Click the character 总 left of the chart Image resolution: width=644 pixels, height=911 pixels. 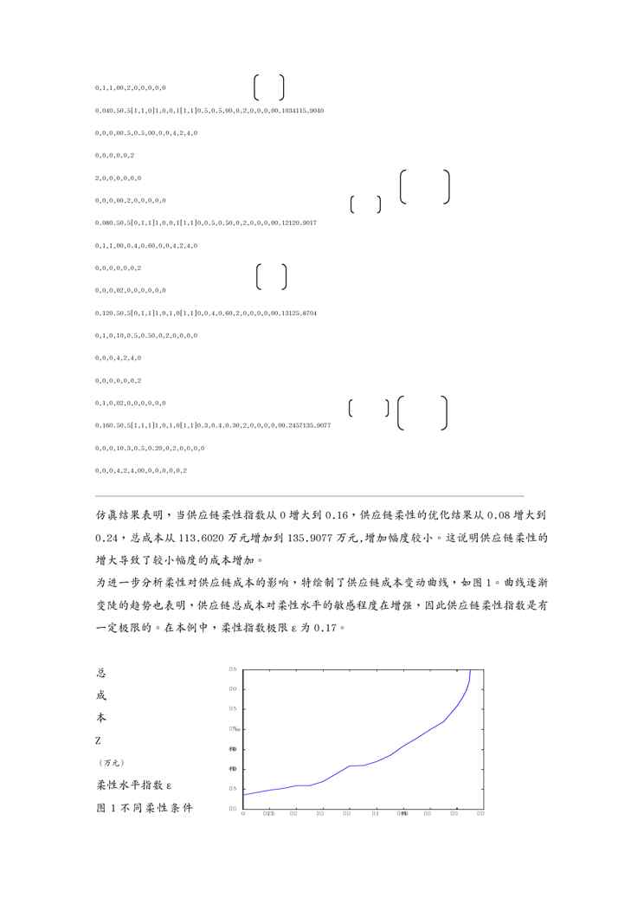100,672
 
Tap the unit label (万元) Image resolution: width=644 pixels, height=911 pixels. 110,763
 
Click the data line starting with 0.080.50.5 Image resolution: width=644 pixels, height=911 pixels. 205,223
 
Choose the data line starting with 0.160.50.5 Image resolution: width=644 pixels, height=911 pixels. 212,425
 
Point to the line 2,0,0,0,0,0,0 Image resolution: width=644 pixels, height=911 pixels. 119,178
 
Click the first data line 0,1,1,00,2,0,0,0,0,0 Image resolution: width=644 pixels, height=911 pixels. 131,87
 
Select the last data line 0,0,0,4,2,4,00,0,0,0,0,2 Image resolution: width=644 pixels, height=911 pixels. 141,470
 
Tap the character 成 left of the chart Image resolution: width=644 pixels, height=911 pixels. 100,695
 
